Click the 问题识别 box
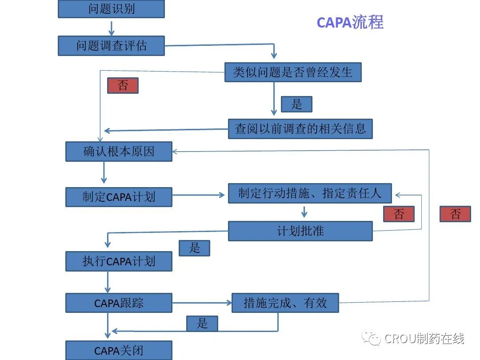pyautogui.click(x=111, y=9)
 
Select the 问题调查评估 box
pyautogui.click(x=111, y=45)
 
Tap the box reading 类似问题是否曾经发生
pyautogui.click(x=293, y=72)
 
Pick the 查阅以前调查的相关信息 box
pyautogui.click(x=300, y=128)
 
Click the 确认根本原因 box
pyautogui.click(x=119, y=151)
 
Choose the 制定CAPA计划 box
pyautogui.click(x=119, y=197)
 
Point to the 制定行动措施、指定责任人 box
pyautogui.click(x=310, y=193)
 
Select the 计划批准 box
pyautogui.click(x=300, y=231)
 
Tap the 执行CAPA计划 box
pyautogui.click(x=119, y=261)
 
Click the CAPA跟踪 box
pyautogui.click(x=119, y=303)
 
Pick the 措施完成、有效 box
pyautogui.click(x=285, y=303)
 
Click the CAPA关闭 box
pyautogui.click(x=119, y=350)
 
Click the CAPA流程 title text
pyautogui.click(x=350, y=22)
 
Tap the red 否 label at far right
pyautogui.click(x=455, y=214)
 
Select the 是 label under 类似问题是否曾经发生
pyautogui.click(x=296, y=104)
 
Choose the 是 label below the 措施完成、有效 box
pyautogui.click(x=202, y=323)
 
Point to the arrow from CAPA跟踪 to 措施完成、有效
pyautogui.click(x=202, y=303)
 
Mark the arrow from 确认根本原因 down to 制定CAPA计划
pyautogui.click(x=104, y=172)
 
